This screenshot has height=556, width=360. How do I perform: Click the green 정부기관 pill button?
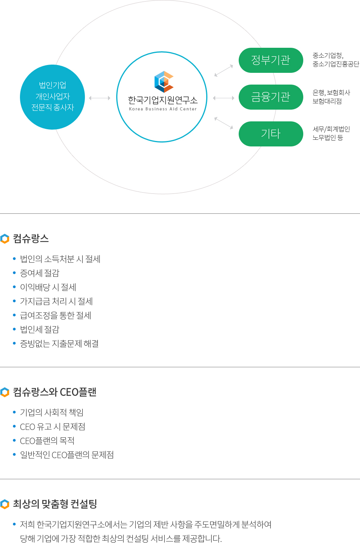(271, 60)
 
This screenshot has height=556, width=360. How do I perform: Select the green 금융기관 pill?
(271, 97)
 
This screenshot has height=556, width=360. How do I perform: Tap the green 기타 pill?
(271, 134)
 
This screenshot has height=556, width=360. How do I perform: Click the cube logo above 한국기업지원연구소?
(164, 82)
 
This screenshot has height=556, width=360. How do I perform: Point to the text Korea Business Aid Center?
(163, 109)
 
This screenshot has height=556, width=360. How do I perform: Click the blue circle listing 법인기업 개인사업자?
(52, 97)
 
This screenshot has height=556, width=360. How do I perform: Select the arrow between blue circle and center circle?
(99, 98)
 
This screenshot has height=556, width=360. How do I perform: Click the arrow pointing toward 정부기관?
(224, 70)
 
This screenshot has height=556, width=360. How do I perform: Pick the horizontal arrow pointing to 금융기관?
(223, 98)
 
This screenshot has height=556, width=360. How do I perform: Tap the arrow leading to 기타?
(224, 123)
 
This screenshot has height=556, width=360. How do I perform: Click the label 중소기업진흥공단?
(336, 64)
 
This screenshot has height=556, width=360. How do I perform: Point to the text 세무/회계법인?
(331, 129)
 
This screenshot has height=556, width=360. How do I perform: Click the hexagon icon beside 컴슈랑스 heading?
(5, 239)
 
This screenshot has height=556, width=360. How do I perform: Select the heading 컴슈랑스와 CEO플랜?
(54, 392)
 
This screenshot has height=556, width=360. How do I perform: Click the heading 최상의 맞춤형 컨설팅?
(55, 504)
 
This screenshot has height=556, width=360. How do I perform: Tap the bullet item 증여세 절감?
(40, 273)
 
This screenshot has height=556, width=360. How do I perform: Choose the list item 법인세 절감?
(40, 329)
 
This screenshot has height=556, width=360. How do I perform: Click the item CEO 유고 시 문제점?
(52, 427)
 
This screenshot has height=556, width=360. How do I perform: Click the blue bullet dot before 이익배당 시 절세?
(14, 287)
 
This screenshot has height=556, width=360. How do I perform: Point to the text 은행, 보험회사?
(331, 92)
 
